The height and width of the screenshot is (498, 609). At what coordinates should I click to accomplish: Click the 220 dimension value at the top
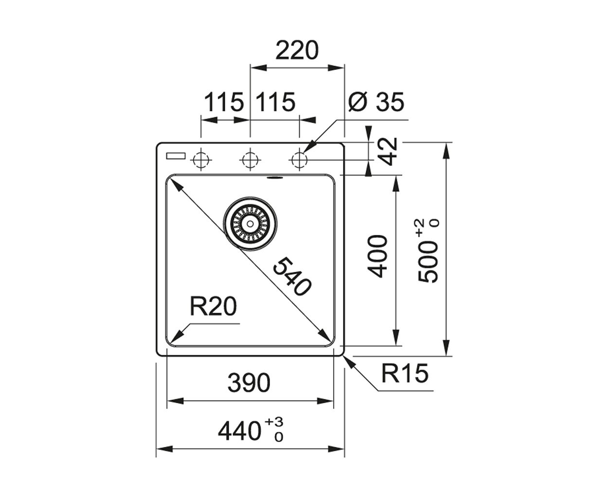(x=297, y=50)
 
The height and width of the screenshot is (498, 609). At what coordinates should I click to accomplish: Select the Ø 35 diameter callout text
(x=376, y=102)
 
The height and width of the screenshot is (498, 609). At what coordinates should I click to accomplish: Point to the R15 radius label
(x=405, y=373)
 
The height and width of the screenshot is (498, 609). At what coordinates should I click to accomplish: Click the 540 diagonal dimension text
(x=292, y=277)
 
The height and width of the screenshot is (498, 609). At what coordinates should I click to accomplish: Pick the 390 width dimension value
(x=249, y=383)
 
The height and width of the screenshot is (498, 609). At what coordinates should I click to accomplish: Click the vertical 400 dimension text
(x=376, y=256)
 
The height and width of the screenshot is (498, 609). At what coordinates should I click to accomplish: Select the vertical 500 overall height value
(x=428, y=262)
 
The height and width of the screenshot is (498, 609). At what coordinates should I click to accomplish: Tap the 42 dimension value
(x=388, y=152)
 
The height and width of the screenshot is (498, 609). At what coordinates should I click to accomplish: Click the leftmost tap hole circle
(x=201, y=160)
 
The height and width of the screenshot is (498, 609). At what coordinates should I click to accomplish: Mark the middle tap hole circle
(x=250, y=160)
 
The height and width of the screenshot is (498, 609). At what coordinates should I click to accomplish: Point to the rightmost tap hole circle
(x=300, y=160)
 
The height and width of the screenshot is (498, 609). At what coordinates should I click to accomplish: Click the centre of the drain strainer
(x=251, y=224)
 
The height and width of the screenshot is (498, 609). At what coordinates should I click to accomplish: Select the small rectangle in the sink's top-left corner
(x=176, y=156)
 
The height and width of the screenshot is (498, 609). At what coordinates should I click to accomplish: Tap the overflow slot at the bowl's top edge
(x=275, y=178)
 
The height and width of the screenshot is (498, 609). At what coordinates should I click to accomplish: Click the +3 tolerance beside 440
(x=274, y=422)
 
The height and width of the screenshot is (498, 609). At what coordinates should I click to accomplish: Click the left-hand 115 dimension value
(x=224, y=102)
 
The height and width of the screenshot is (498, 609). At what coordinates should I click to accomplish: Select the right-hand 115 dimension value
(x=275, y=102)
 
